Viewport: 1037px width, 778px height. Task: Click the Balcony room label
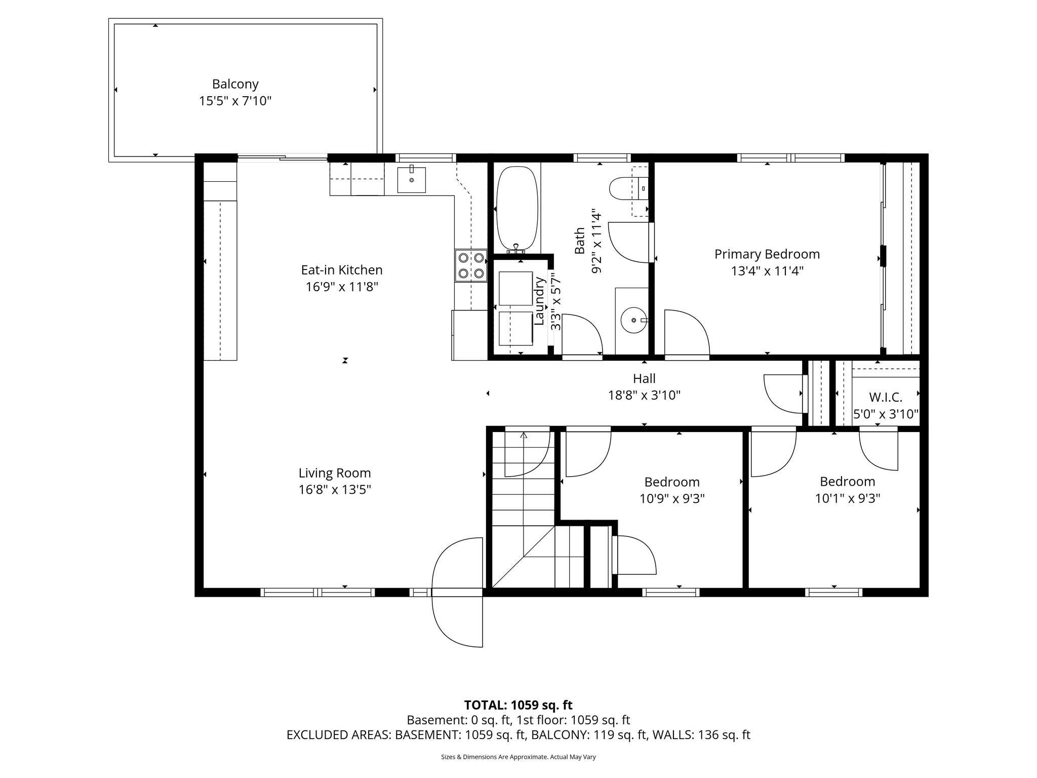click(235, 84)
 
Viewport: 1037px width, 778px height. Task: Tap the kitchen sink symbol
click(411, 179)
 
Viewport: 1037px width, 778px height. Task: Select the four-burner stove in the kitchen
click(470, 265)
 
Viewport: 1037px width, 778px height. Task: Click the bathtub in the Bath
click(516, 208)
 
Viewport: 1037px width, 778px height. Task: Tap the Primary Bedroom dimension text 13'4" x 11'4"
click(767, 271)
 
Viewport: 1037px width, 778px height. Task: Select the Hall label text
click(644, 378)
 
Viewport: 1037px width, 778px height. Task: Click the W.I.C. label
click(886, 398)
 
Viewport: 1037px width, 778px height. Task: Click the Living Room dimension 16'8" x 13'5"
click(335, 490)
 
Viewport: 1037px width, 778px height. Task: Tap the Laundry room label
click(539, 301)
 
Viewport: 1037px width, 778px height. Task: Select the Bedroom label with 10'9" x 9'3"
click(672, 482)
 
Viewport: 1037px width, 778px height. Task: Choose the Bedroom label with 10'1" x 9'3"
click(847, 481)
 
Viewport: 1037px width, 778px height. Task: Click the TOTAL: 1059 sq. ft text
click(518, 705)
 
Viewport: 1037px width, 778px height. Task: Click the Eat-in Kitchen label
click(342, 270)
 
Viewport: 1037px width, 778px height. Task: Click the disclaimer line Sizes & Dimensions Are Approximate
click(518, 757)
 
